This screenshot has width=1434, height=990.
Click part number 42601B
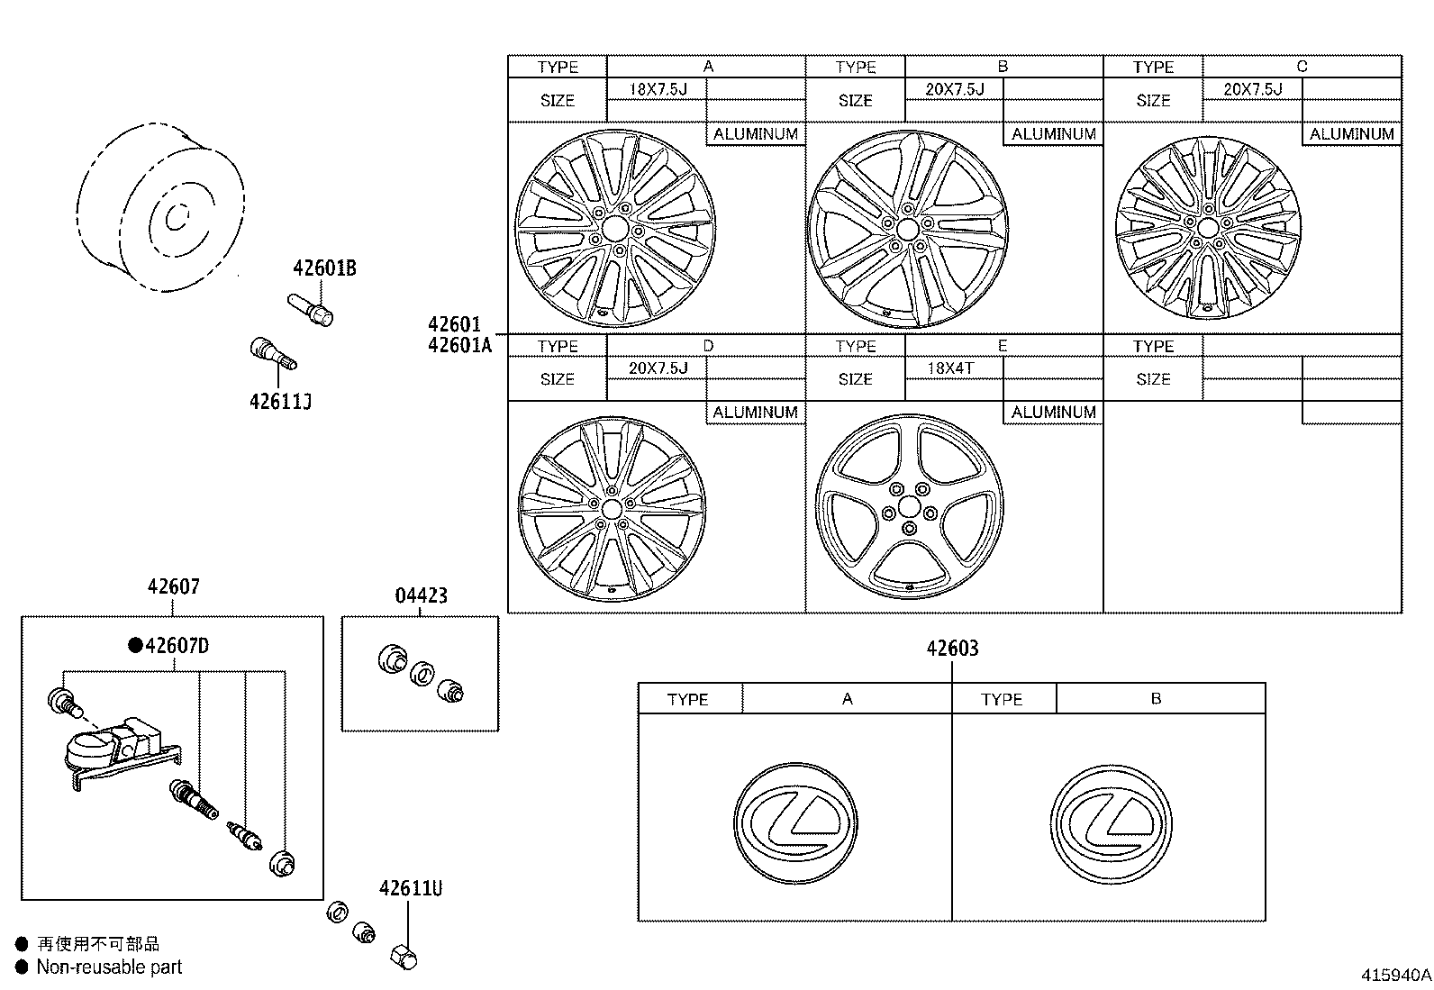(x=324, y=268)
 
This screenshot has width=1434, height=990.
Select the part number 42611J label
(x=280, y=401)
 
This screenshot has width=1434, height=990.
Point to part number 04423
(x=421, y=595)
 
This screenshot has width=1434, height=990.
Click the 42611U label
(x=411, y=888)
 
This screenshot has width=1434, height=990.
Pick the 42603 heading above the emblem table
(x=952, y=648)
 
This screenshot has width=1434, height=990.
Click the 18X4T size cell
(x=951, y=368)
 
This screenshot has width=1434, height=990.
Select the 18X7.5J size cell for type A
(x=658, y=89)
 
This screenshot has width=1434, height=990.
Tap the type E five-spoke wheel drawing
(x=909, y=506)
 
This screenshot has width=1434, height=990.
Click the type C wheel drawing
(x=1208, y=228)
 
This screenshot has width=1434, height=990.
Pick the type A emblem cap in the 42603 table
(x=795, y=824)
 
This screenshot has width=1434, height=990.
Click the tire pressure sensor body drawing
(x=104, y=750)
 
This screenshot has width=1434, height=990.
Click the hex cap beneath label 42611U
(x=404, y=957)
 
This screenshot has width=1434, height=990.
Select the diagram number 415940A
(x=1395, y=975)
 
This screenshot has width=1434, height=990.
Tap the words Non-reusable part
(x=109, y=967)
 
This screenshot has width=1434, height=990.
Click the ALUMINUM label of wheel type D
(x=755, y=413)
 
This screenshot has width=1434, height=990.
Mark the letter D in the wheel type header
(x=708, y=346)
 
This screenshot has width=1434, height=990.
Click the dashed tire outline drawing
(x=160, y=210)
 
